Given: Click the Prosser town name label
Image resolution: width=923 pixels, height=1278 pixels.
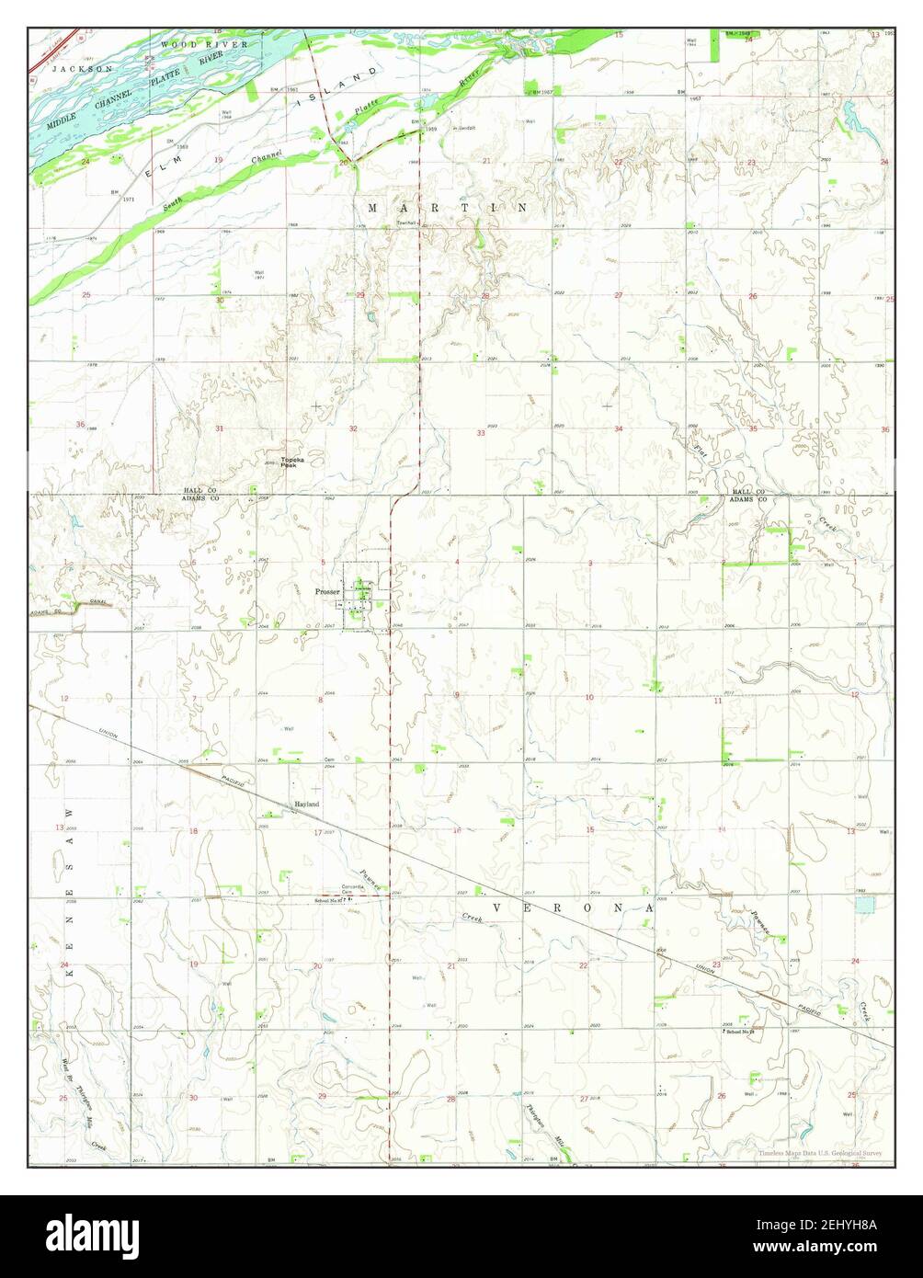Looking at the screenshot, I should point(326,592).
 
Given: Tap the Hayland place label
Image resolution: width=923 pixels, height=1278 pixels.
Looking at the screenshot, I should point(306,804).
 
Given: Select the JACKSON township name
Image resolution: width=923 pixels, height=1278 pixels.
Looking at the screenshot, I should point(82,69).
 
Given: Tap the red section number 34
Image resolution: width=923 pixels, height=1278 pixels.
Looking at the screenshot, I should point(619,429).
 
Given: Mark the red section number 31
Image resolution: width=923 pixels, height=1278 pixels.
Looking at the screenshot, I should point(219,429).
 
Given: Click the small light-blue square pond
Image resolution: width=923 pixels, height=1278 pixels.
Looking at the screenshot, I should point(864,905).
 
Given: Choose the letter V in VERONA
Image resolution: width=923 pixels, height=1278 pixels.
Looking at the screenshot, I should point(497,907).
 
